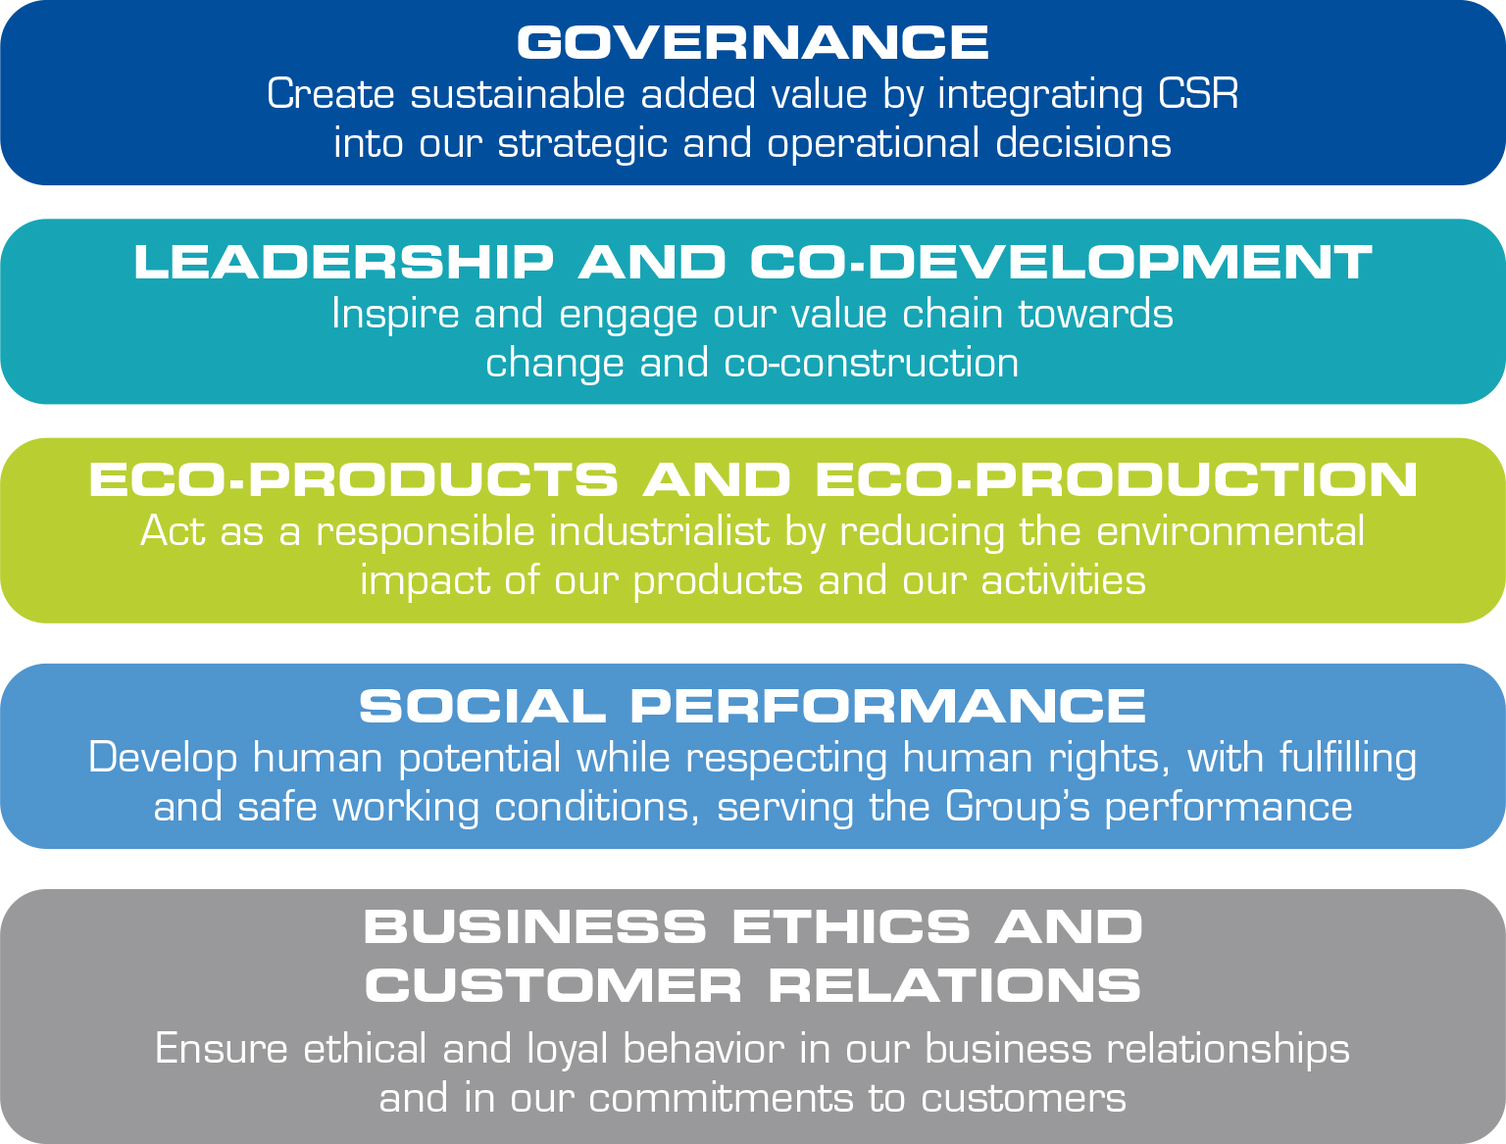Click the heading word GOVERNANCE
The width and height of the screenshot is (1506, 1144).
point(753,42)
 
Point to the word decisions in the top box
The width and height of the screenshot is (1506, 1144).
point(1083,143)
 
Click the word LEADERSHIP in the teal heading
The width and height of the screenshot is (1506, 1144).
point(344,262)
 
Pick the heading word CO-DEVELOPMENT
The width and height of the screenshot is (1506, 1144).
point(1061,262)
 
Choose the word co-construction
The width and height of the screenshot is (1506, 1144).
point(872,363)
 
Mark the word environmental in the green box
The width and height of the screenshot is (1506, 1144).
point(1230,531)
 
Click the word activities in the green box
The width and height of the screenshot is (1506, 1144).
point(1064,581)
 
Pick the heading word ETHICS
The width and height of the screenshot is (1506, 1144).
point(851,926)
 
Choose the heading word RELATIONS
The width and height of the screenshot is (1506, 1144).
point(954,986)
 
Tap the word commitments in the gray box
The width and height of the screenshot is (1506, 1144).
point(721,1098)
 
